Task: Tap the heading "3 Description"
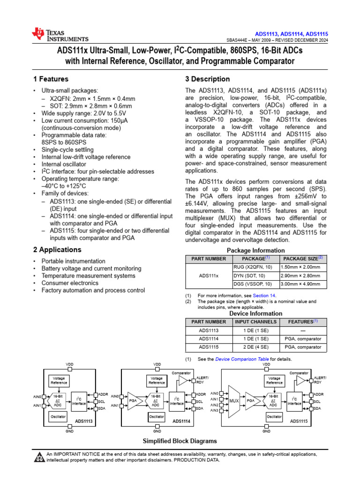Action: tap(208, 79)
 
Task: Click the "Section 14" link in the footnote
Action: tap(264, 295)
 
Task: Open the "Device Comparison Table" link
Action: tap(242, 359)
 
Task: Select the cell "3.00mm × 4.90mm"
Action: tap(300, 284)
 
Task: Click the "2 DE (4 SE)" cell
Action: tap(256, 347)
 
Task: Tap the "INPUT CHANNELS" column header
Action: tap(256, 322)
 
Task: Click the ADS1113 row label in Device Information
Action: tap(209, 330)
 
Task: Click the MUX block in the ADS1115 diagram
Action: tap(234, 401)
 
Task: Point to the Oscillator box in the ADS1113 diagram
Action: tap(59, 416)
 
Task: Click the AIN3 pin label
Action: tap(215, 411)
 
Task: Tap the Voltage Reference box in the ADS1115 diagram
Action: tap(274, 380)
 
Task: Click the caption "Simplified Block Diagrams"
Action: tap(180, 441)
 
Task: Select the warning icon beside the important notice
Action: tap(39, 457)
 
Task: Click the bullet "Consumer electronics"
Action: tap(70, 283)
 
